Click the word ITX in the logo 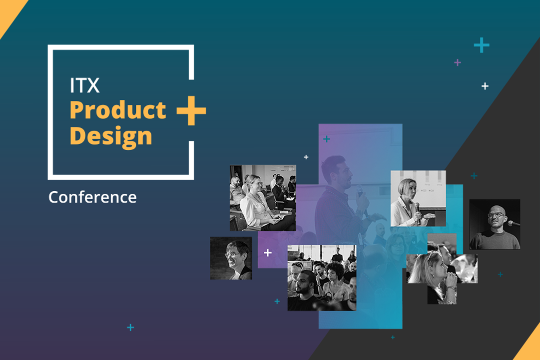pos(85,85)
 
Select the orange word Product pos(118,110)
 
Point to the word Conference pos(92,197)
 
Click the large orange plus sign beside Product pos(191,110)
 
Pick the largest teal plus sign pos(482,45)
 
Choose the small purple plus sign pos(458,62)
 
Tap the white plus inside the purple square pos(268,253)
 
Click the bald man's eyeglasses pos(496,215)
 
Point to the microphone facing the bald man pos(513,223)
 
